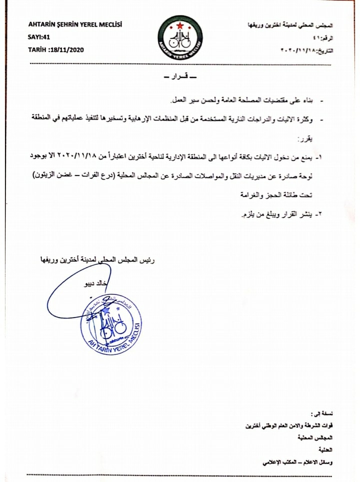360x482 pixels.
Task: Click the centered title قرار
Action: (x=180, y=78)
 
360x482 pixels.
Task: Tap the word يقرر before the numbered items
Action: (x=306, y=137)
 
